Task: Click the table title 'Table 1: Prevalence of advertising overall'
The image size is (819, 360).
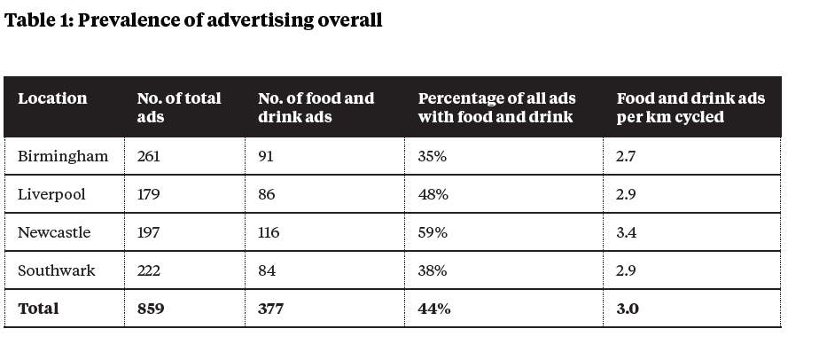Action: click(x=193, y=20)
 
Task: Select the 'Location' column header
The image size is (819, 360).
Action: click(x=52, y=98)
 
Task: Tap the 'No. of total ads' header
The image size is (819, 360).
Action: click(x=179, y=107)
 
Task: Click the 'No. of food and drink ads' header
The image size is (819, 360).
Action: click(x=316, y=107)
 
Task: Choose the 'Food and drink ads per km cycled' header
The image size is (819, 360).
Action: click(x=690, y=107)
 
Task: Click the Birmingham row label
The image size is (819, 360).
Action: click(x=63, y=157)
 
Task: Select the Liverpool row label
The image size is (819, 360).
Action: click(x=52, y=195)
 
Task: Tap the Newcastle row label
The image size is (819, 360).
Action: click(x=54, y=233)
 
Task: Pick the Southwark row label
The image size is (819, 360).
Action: click(x=57, y=271)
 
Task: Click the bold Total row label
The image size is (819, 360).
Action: click(x=38, y=309)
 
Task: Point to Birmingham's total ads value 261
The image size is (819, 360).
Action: click(x=150, y=157)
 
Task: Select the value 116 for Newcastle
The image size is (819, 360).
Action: click(x=269, y=233)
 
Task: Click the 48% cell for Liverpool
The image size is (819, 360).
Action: click(x=433, y=195)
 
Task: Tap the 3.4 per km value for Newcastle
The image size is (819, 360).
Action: click(x=628, y=233)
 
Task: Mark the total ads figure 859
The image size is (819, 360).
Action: click(x=152, y=309)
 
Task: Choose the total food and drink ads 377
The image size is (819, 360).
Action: click(x=271, y=309)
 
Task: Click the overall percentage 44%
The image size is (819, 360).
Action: click(x=434, y=309)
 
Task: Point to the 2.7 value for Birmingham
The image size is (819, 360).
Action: click(x=627, y=157)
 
